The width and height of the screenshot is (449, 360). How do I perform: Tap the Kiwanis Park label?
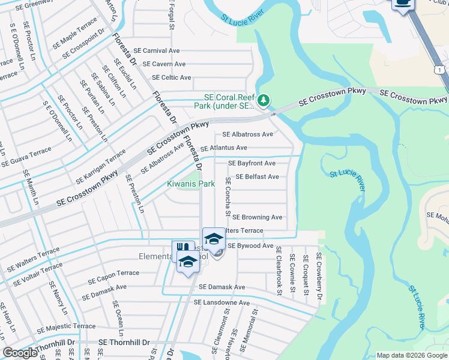tap(191, 183)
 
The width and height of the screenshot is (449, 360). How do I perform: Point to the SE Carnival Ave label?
tap(157, 51)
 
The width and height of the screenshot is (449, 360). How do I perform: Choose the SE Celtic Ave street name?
tap(171, 77)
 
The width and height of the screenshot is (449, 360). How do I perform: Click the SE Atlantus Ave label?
tap(223, 148)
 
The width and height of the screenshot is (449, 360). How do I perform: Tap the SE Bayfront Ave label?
tap(252, 163)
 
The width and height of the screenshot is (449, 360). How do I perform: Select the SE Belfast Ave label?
tap(257, 177)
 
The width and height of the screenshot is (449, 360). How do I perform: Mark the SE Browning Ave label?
tap(257, 217)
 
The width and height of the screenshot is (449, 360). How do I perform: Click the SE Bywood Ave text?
tap(250, 246)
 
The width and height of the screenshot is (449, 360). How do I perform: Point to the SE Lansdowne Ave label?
tap(221, 303)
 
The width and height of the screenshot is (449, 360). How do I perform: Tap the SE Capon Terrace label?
tap(113, 277)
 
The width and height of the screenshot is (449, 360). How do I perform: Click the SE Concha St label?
tap(228, 196)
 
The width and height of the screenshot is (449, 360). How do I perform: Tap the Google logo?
tap(20, 353)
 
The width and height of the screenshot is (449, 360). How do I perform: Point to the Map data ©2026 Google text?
tap(411, 355)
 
